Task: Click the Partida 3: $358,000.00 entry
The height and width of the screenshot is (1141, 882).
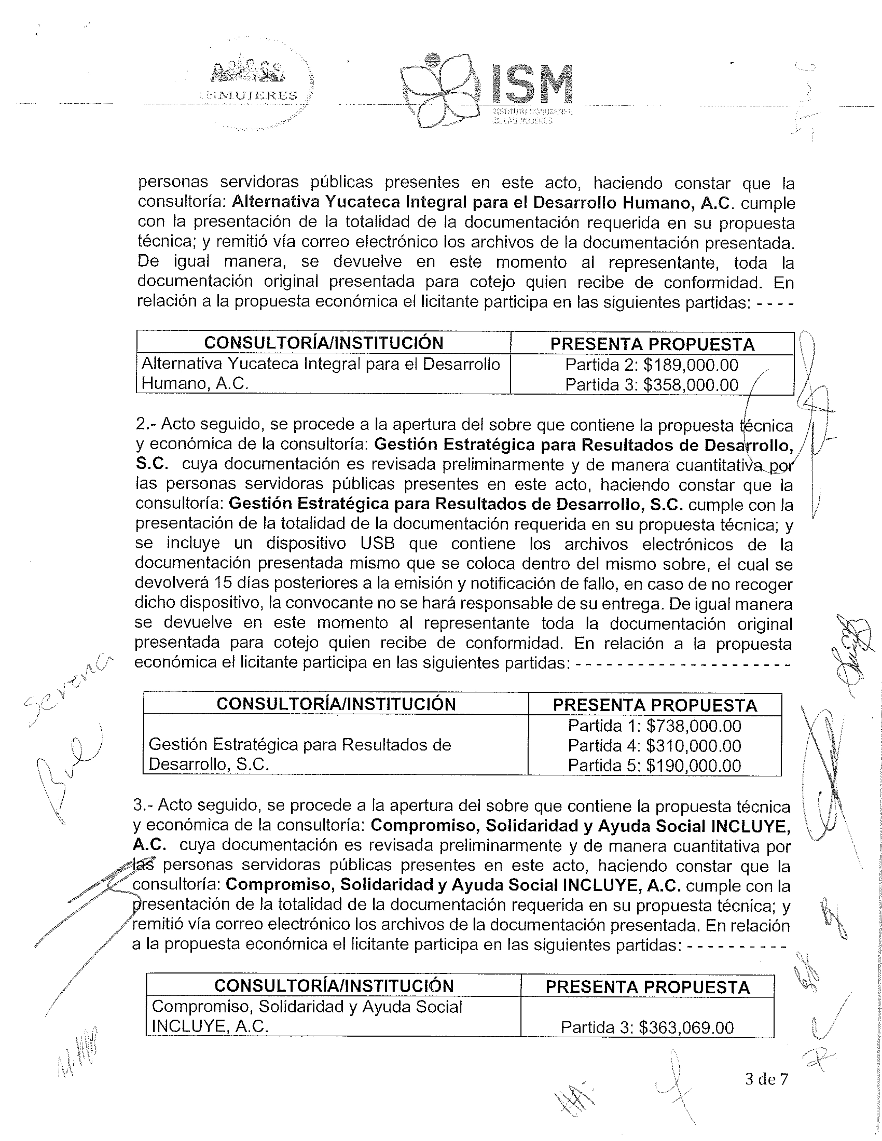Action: (652, 385)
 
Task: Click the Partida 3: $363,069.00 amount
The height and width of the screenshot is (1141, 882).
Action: (647, 1028)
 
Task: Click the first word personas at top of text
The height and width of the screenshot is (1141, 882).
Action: (173, 182)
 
